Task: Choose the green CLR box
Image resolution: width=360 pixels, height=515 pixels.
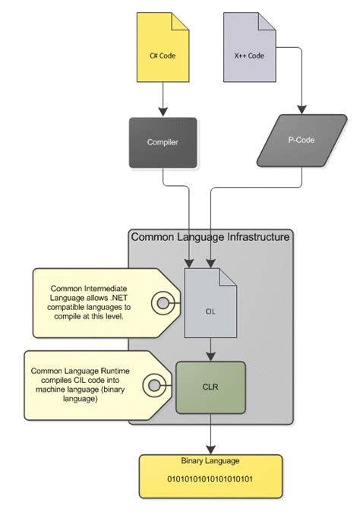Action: click(x=211, y=387)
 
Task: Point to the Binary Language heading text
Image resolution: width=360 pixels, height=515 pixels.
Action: click(x=210, y=461)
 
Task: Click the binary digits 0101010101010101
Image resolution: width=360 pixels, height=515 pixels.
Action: click(x=210, y=479)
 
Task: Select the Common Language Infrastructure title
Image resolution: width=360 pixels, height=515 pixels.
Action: click(x=210, y=237)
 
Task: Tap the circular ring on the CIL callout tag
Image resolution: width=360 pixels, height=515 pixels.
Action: click(x=163, y=303)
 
